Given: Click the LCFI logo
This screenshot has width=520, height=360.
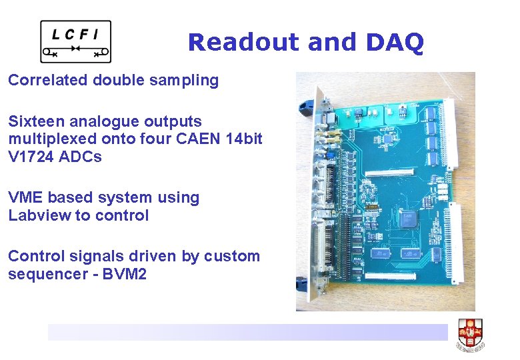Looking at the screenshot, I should coord(75,41).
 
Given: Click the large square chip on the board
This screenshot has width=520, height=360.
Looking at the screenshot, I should coord(409,218).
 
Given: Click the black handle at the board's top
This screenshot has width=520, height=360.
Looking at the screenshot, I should coord(307,107).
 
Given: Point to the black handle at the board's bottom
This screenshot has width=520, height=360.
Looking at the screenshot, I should coord(303,284).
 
